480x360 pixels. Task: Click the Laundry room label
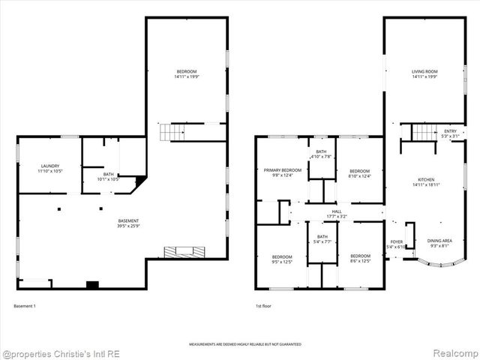(x=50, y=169)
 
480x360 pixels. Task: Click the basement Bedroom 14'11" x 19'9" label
(x=186, y=73)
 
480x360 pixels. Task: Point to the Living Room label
(x=424, y=73)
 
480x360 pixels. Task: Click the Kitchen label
(x=426, y=181)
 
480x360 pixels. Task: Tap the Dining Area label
(x=440, y=243)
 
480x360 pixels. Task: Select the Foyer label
(x=395, y=244)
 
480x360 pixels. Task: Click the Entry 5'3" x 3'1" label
(x=450, y=133)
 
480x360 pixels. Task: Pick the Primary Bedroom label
(x=282, y=172)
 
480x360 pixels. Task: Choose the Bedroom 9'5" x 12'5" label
(x=282, y=259)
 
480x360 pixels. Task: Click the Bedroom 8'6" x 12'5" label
(x=361, y=259)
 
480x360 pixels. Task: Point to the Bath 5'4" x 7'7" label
(x=322, y=239)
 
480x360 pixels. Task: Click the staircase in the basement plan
(x=171, y=133)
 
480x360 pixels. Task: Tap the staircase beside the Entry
(x=424, y=132)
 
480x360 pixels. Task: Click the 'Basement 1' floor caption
(x=25, y=306)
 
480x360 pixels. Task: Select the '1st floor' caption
(x=262, y=306)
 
